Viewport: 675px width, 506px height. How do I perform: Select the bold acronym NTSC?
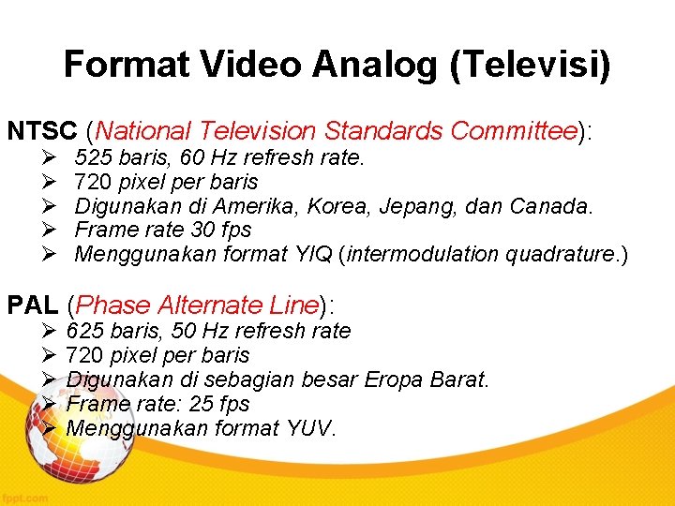point(42,131)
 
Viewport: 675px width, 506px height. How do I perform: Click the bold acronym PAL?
point(34,305)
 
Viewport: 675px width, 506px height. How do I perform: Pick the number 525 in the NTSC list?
point(91,156)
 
